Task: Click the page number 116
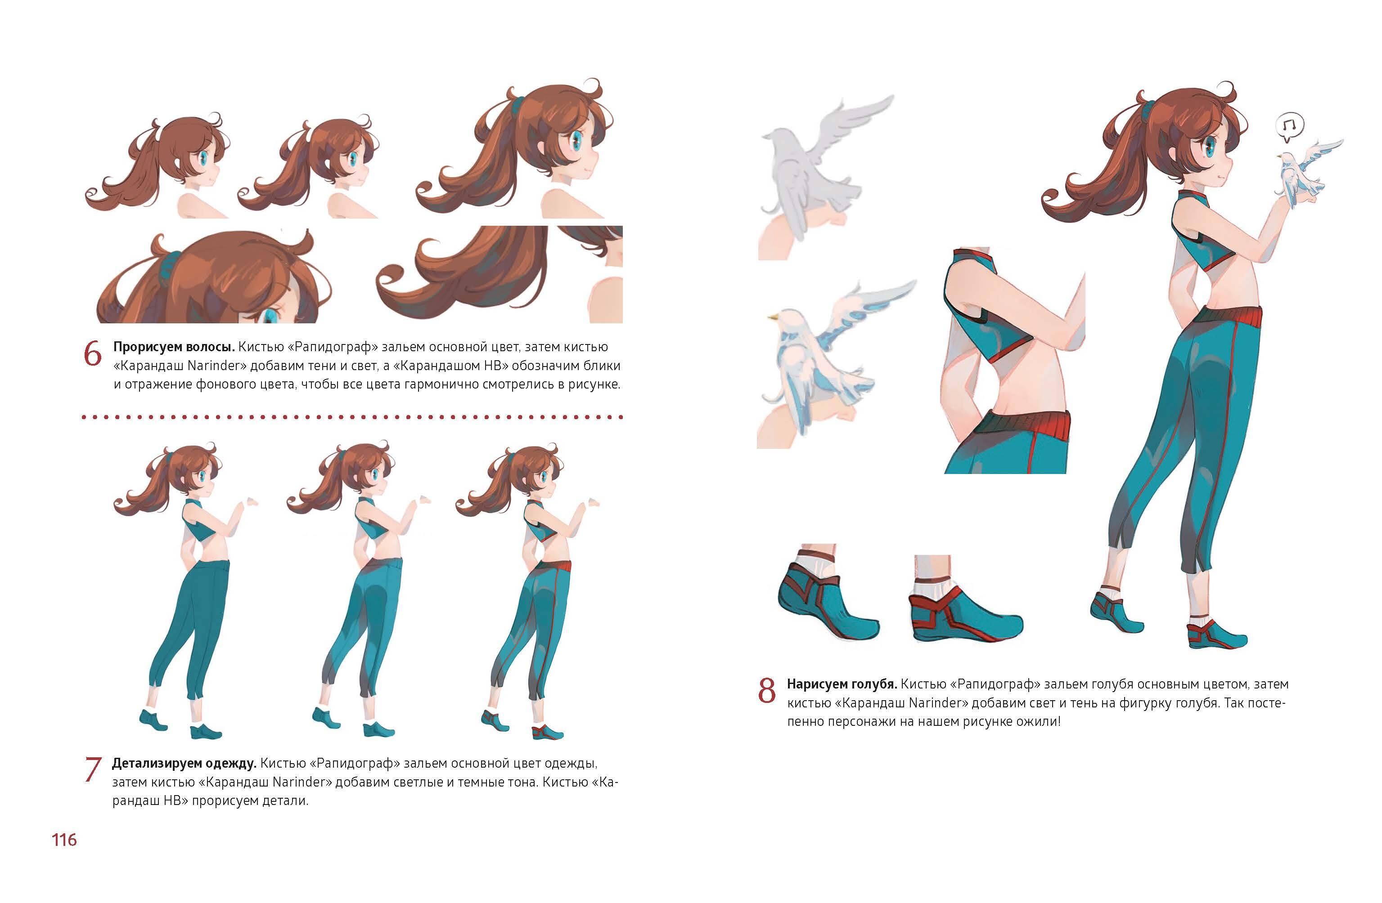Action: pyautogui.click(x=64, y=840)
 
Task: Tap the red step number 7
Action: pyautogui.click(x=93, y=770)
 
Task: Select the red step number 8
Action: pyautogui.click(x=767, y=691)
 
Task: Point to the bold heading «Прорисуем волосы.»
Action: pyautogui.click(x=174, y=347)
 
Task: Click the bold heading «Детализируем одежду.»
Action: pyautogui.click(x=184, y=763)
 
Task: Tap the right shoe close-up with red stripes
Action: pyautogui.click(x=964, y=603)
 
